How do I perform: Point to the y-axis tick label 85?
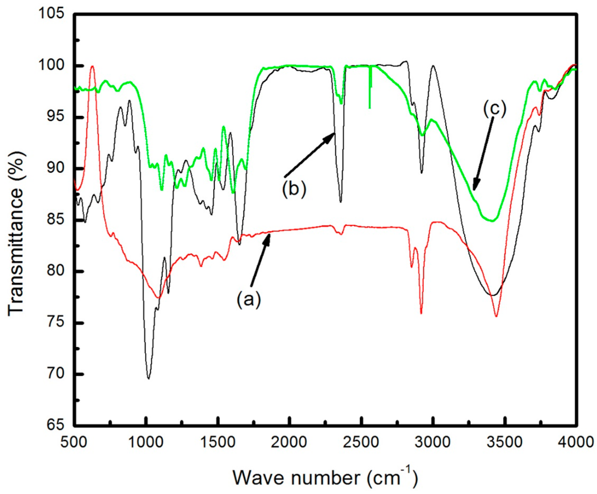(x=56, y=220)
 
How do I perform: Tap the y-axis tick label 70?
(x=56, y=374)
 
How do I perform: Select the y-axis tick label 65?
(x=56, y=425)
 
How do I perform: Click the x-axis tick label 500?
(x=74, y=442)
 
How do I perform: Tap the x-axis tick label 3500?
(x=505, y=442)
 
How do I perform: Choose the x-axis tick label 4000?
(x=576, y=442)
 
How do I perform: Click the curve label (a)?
(x=249, y=299)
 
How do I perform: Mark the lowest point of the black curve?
(x=149, y=378)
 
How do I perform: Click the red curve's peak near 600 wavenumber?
(x=92, y=66)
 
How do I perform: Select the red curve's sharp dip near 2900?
(x=421, y=313)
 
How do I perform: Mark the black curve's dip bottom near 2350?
(x=341, y=202)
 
